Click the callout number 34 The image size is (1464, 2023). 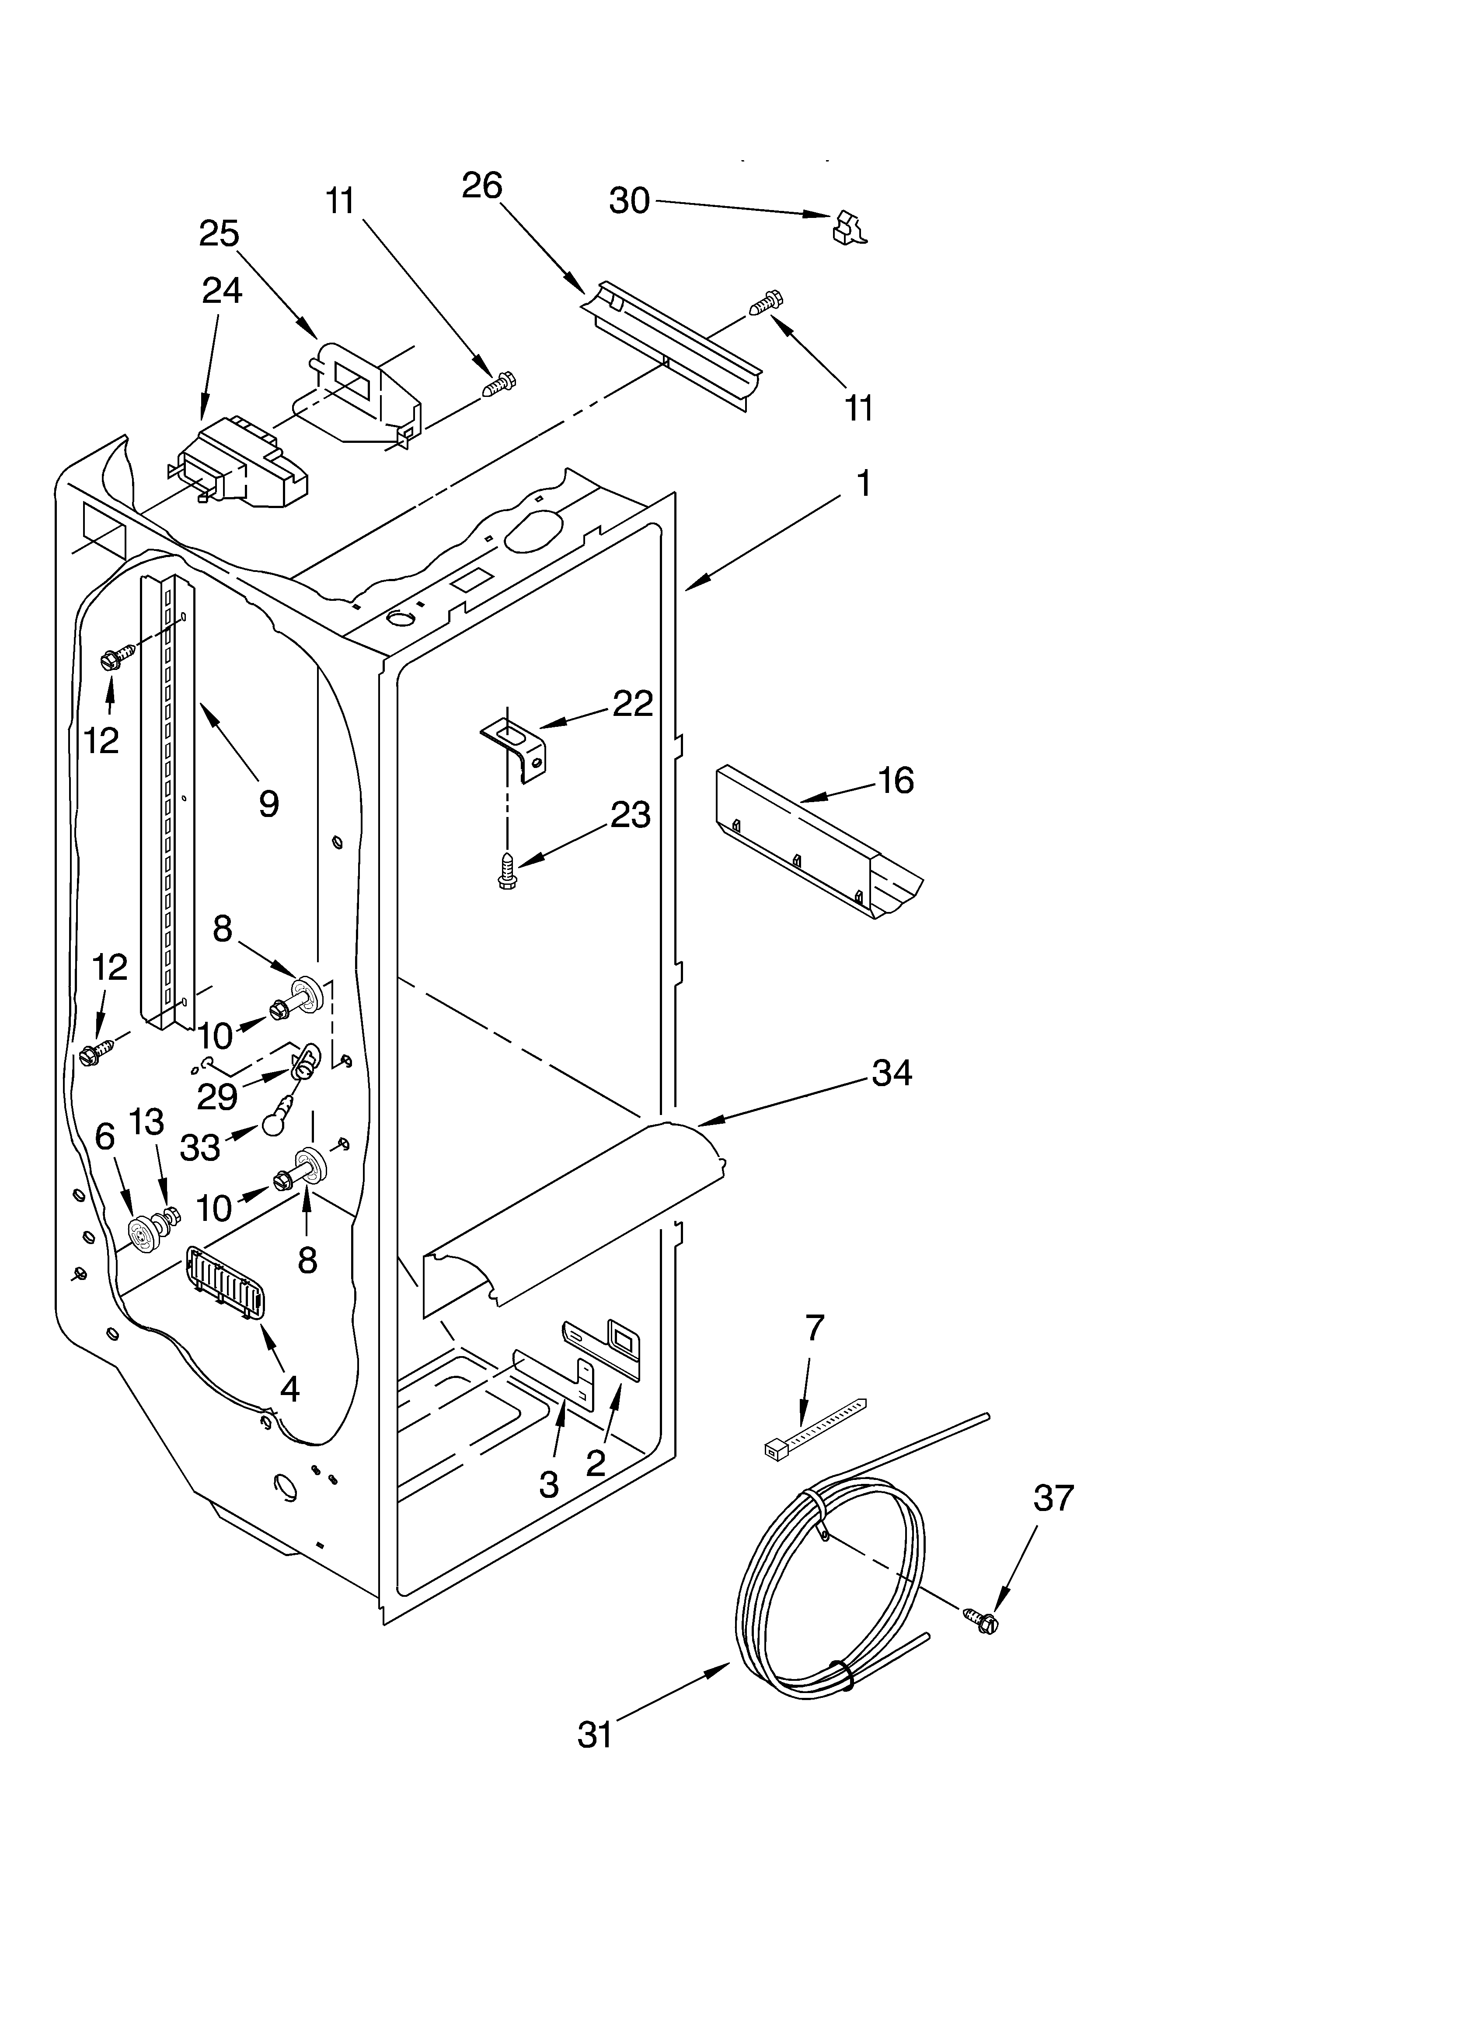pyautogui.click(x=892, y=1072)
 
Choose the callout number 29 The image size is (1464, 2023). pyautogui.click(x=216, y=1096)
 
